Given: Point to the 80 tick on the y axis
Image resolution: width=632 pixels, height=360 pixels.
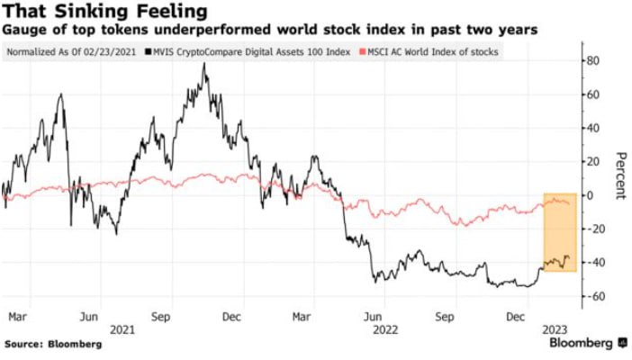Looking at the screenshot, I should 591,61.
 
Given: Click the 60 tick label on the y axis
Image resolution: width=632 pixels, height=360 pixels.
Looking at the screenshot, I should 591,94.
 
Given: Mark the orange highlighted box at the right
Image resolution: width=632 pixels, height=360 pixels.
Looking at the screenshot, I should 559,232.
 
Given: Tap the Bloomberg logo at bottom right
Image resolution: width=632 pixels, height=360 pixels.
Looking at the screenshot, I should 582,344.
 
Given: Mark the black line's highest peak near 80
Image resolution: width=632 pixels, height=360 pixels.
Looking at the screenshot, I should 204,65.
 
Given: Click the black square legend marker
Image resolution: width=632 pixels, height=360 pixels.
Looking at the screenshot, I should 153,51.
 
